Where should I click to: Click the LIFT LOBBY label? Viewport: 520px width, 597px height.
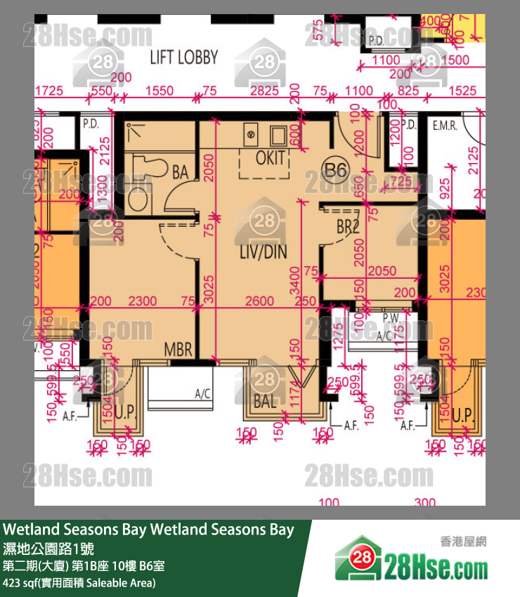[184, 58]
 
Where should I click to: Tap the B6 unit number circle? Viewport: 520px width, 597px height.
[335, 169]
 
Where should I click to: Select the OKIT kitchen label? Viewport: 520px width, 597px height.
[270, 157]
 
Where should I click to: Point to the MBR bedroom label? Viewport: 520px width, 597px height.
[178, 349]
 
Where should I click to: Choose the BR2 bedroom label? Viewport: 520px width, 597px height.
[348, 228]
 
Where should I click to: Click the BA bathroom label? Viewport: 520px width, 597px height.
[180, 171]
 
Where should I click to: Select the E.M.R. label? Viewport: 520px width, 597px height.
[445, 126]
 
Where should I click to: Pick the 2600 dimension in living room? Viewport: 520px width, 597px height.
[260, 301]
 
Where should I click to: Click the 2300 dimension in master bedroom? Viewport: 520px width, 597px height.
[143, 301]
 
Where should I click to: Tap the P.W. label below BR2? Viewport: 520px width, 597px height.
[391, 318]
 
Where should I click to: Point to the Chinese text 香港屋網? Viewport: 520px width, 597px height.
[463, 541]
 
